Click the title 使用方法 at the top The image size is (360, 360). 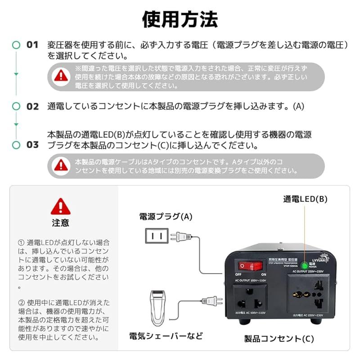click(x=180, y=19)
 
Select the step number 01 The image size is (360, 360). click(x=32, y=45)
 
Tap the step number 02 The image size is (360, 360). click(x=32, y=107)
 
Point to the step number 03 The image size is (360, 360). click(x=32, y=145)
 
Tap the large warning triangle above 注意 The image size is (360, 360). click(x=60, y=207)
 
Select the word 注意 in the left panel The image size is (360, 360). click(x=60, y=223)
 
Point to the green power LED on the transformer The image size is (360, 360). click(x=305, y=265)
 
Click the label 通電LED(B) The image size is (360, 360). click(x=305, y=199)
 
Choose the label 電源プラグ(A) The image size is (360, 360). click(x=165, y=216)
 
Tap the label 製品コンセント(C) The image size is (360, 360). click(x=279, y=338)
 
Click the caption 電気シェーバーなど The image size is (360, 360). click(x=166, y=336)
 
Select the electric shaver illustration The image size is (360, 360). click(x=157, y=308)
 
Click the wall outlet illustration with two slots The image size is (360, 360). click(x=157, y=235)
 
